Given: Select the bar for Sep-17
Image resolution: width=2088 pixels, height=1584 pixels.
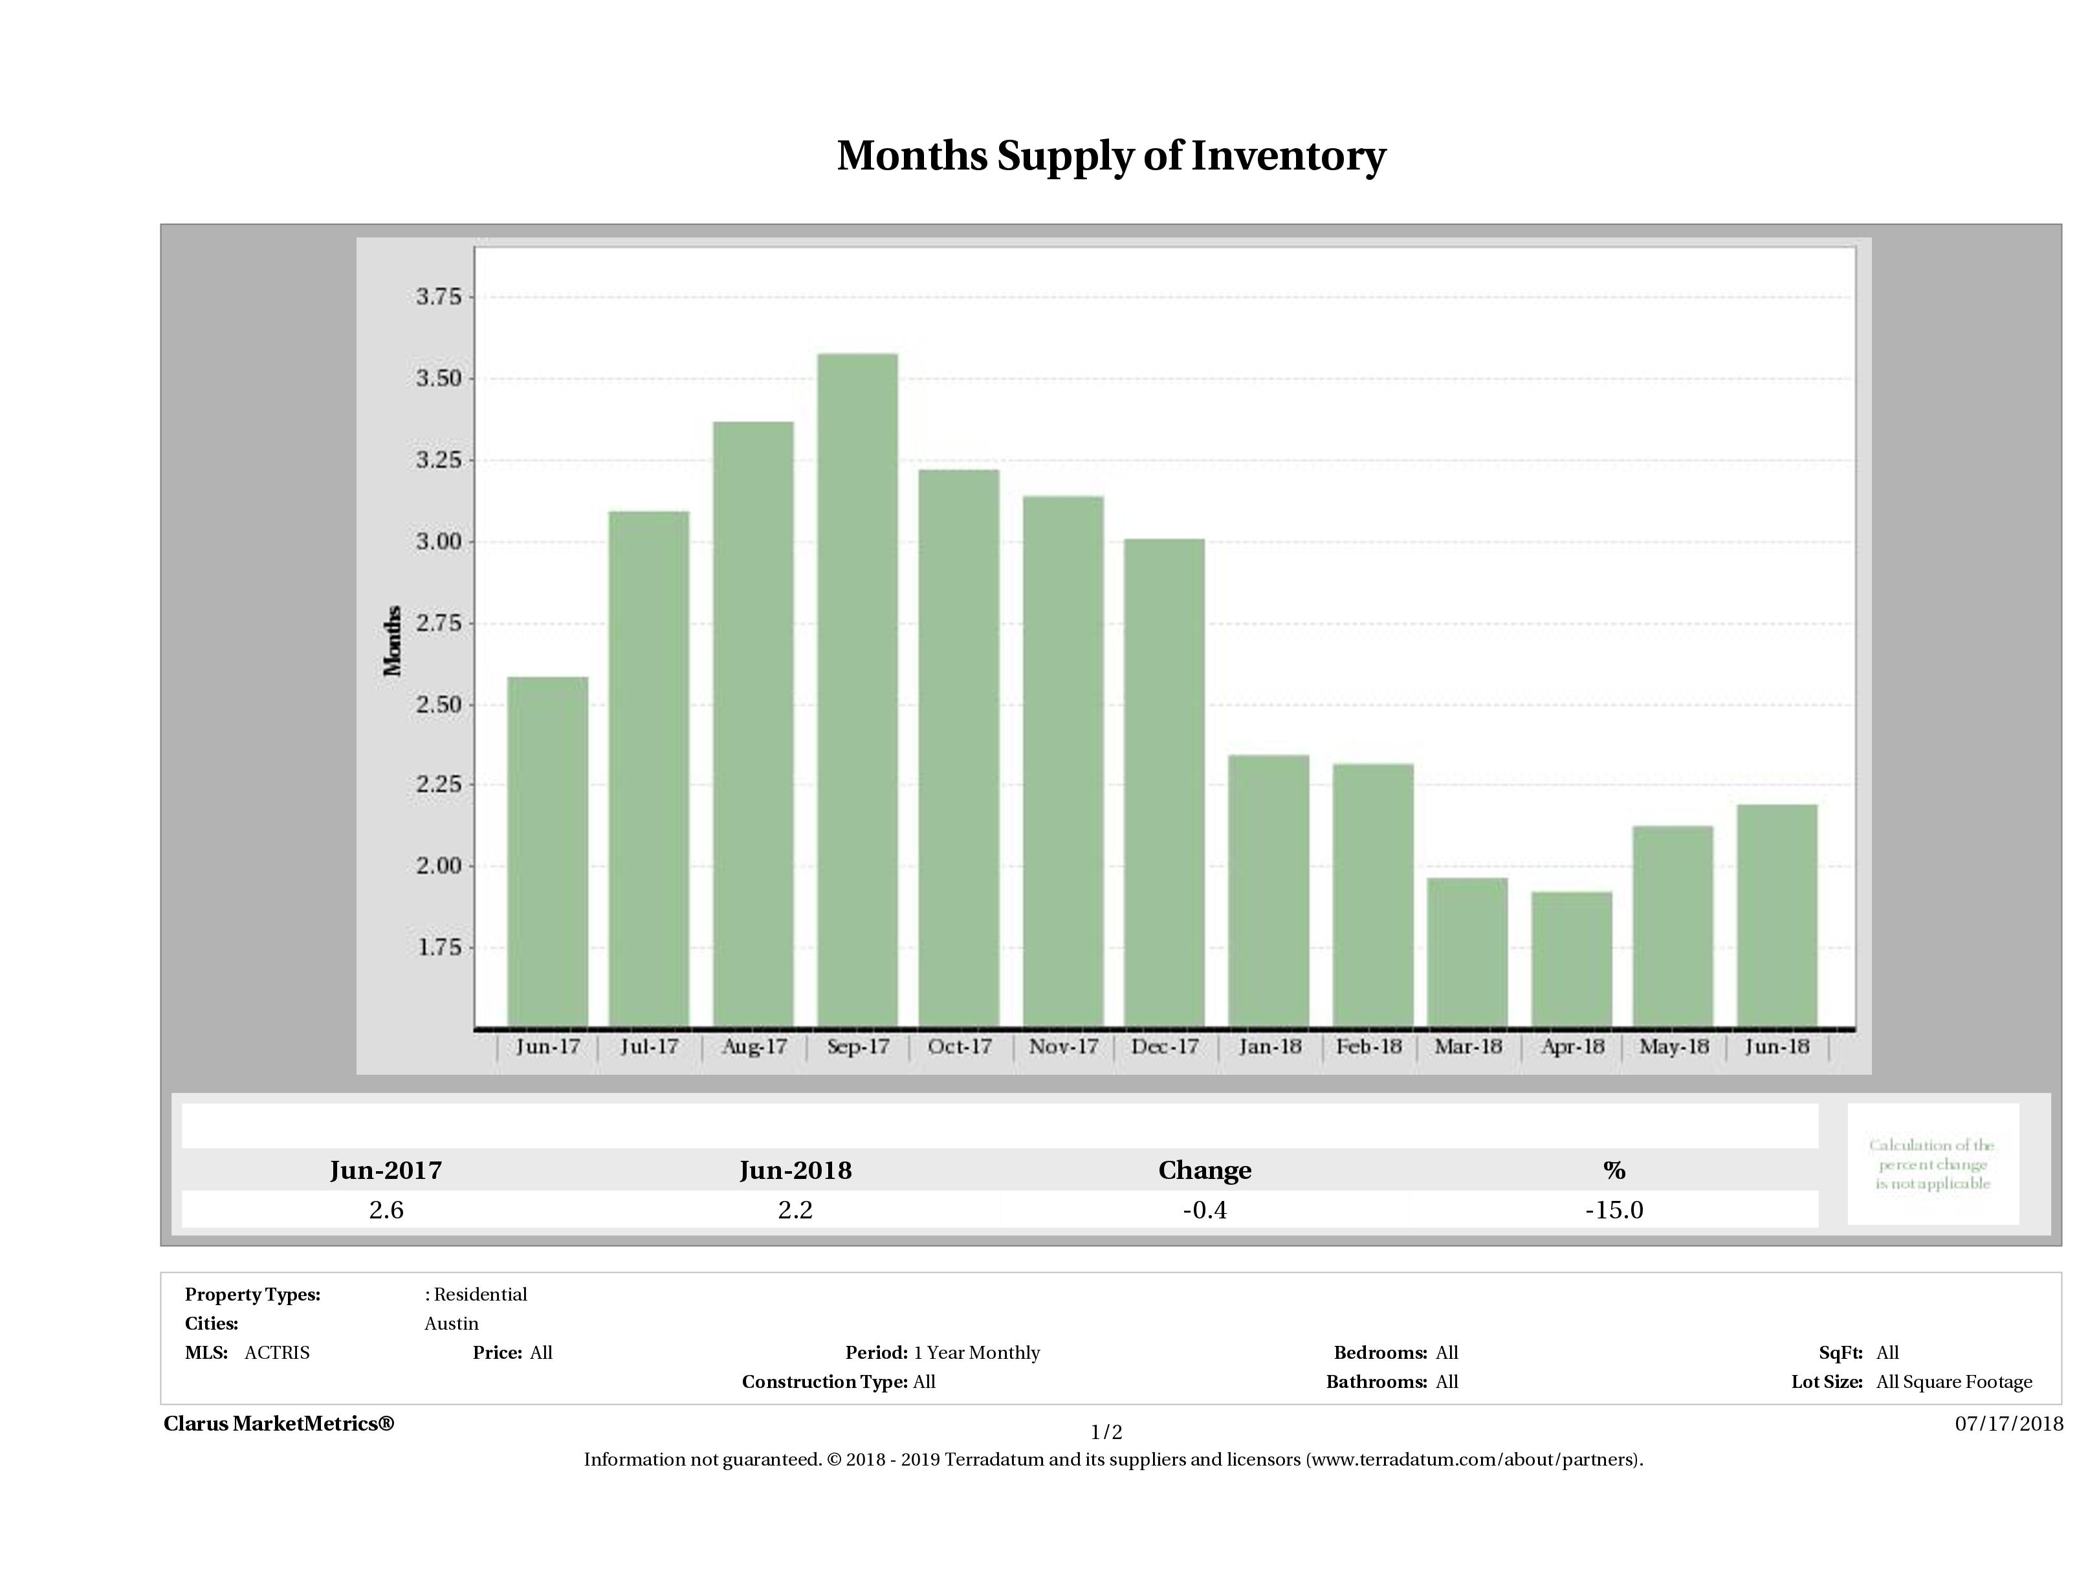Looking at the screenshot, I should pos(857,690).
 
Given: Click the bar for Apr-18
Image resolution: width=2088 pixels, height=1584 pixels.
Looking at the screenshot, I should pos(1572,959).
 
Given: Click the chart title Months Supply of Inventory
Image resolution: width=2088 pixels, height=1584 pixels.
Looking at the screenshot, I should pos(1111,156).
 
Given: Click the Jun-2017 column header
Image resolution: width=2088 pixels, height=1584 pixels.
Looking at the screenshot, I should pos(386,1171).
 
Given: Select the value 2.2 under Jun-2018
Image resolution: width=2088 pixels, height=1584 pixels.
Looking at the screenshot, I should pos(795,1210).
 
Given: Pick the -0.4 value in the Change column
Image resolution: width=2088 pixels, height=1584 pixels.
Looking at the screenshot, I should pos(1205,1210).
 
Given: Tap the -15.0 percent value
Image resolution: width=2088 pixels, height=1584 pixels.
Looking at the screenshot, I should pos(1614,1210).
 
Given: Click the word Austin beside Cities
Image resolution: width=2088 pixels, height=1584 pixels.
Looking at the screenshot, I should pos(451,1323).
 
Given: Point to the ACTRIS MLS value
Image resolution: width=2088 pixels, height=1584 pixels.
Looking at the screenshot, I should pos(276,1353).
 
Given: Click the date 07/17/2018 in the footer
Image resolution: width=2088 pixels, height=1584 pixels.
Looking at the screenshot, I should pos(2008,1424).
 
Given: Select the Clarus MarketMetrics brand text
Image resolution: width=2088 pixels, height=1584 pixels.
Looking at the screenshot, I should pos(278,1424).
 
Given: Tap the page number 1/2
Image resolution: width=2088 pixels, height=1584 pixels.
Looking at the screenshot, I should pos(1106,1432).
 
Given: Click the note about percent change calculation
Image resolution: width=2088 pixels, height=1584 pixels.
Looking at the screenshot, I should pos(1932,1164).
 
